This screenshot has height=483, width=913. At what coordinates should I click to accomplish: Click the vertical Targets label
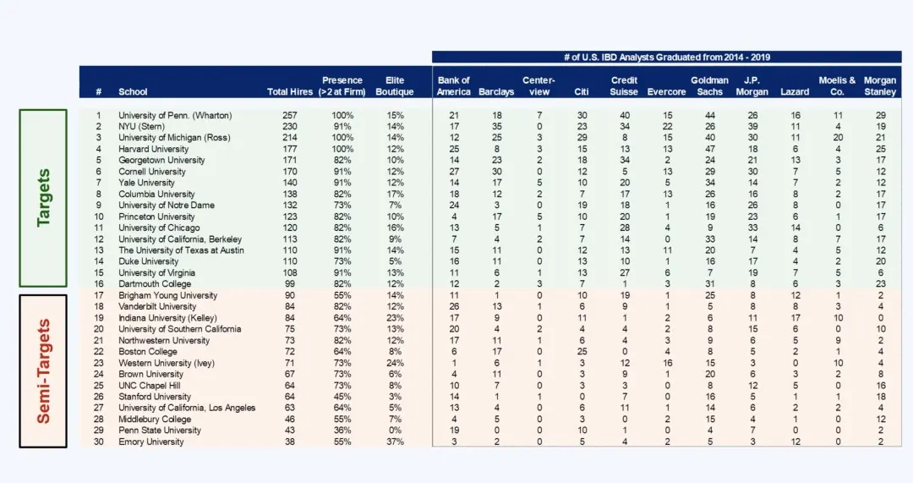pos(43,197)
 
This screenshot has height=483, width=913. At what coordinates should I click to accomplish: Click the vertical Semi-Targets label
pos(43,370)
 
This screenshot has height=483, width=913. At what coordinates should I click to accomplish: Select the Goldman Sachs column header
pos(709,86)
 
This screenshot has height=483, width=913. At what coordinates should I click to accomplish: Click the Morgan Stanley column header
pos(880,86)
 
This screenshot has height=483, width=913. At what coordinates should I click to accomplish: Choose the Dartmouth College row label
pos(155,284)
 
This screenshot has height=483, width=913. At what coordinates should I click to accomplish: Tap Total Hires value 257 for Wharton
pos(290,115)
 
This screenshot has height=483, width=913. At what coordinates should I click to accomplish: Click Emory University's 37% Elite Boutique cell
pos(395,442)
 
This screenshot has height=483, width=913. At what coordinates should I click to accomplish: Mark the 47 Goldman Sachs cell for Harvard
pos(710,149)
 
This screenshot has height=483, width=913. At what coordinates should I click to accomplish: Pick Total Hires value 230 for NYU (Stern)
pos(290,126)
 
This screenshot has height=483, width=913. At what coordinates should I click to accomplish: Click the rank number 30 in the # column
pos(99,442)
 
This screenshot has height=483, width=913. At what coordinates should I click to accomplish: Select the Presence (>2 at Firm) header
pos(342,86)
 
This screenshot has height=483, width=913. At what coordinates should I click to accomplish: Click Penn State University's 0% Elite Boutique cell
pos(395,431)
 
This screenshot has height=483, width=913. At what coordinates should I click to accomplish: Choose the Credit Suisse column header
pos(624,86)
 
